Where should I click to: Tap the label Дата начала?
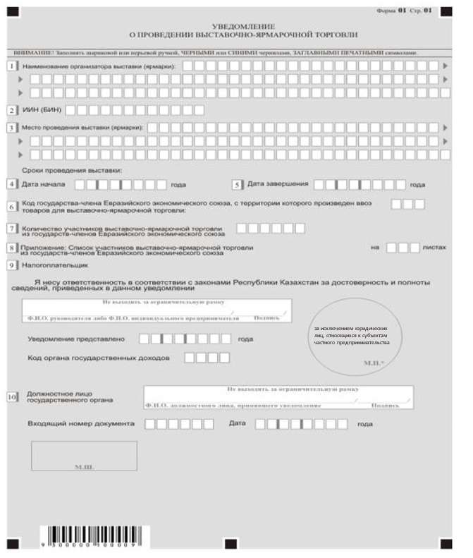44,184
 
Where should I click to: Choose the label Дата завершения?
278,184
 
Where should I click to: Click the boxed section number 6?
12,207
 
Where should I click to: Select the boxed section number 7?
12,229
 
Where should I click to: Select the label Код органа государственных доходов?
99,358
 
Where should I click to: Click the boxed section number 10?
12,397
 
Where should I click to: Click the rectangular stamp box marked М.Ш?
84,456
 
